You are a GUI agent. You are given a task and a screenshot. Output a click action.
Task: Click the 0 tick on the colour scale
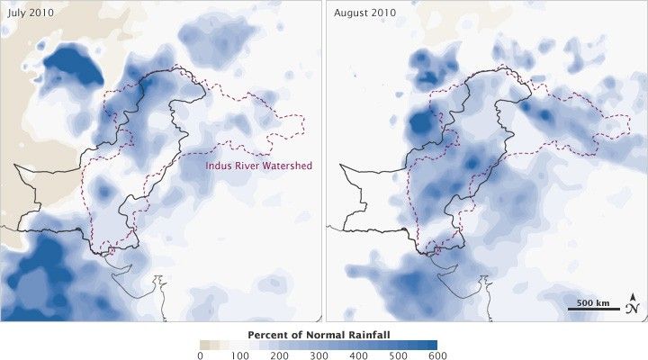[x=200, y=355]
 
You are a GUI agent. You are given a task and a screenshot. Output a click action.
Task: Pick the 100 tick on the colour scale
[x=238, y=355]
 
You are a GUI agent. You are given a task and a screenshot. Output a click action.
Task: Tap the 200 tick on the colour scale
[x=278, y=355]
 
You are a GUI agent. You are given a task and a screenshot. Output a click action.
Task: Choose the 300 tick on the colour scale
[x=318, y=355]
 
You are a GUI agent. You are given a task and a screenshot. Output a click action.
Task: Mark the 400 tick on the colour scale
[x=357, y=355]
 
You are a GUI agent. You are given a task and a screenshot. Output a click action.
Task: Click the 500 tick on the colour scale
[x=397, y=355]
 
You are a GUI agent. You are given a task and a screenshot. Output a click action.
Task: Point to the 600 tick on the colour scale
[x=436, y=355]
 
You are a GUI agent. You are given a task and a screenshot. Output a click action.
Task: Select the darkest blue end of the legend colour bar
[x=431, y=345]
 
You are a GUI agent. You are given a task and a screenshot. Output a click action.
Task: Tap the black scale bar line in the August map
[x=594, y=309]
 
